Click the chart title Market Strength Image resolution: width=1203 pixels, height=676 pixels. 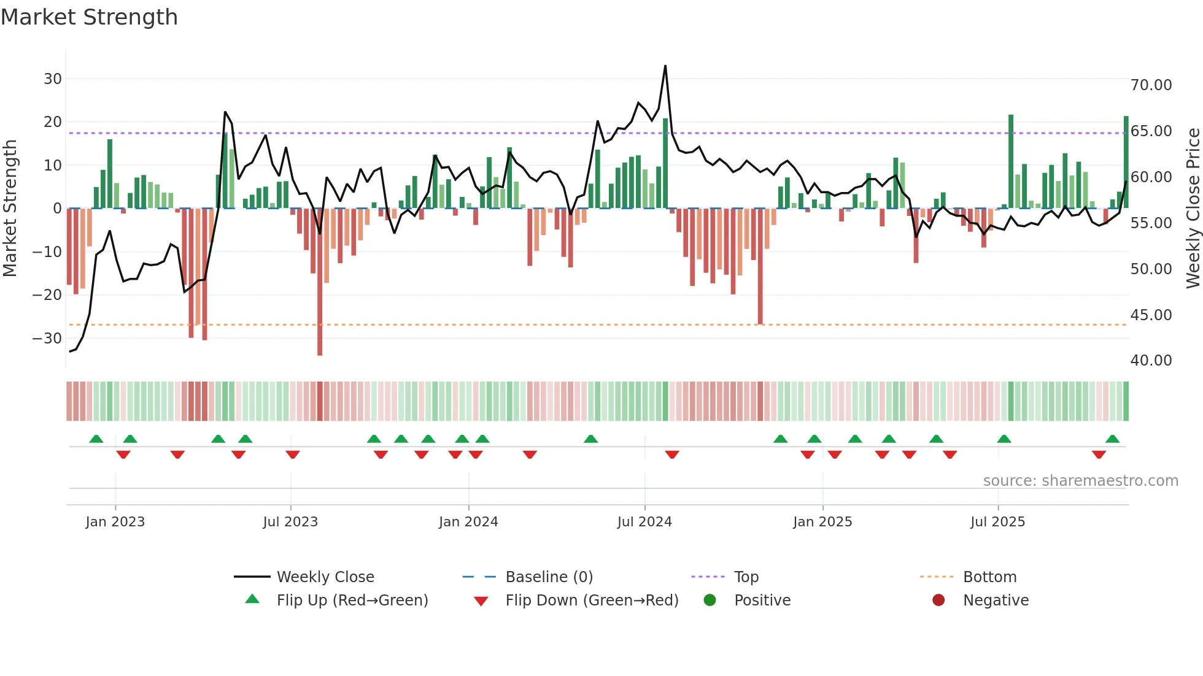point(89,17)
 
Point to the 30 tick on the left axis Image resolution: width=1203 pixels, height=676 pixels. point(52,79)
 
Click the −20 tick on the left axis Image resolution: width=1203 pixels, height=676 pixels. point(48,295)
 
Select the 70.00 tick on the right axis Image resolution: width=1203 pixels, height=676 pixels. point(1151,85)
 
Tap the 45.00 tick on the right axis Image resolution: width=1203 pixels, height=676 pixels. point(1151,315)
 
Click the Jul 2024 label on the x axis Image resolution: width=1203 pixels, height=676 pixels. point(644,522)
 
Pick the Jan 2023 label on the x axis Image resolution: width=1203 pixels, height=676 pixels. point(115,522)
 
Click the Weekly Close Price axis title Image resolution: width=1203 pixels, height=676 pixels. point(1193,208)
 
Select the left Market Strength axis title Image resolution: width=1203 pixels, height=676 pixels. point(10,208)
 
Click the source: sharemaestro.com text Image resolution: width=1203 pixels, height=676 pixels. point(1080,480)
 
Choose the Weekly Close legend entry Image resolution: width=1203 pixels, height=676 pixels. point(325,577)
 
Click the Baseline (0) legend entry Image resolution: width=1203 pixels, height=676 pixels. point(549,577)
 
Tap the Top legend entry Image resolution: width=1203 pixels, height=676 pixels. point(746,577)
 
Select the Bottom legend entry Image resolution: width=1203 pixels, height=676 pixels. point(989,577)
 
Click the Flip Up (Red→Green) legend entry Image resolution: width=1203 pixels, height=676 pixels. point(352,601)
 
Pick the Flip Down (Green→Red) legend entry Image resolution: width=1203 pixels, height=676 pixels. point(592,601)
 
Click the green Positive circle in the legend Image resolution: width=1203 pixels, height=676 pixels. point(710,601)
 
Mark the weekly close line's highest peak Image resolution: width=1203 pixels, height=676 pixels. point(665,66)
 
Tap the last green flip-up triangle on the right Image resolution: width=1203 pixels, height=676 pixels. point(1112,439)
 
